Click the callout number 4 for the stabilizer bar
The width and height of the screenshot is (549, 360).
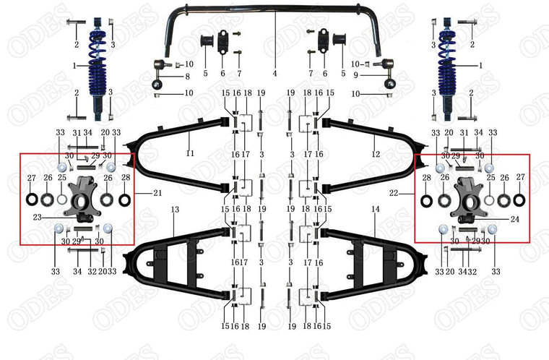pyautogui.click(x=274, y=73)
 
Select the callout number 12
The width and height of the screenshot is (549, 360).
pyautogui.click(x=376, y=153)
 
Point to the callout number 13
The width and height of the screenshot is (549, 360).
pyautogui.click(x=174, y=209)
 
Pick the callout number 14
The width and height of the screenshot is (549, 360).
pyautogui.click(x=375, y=209)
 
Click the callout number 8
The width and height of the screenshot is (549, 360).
pyautogui.click(x=186, y=76)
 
